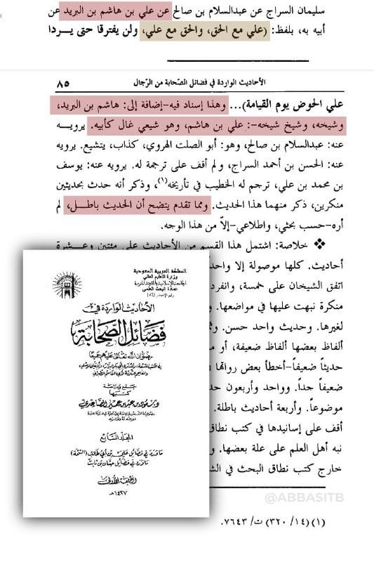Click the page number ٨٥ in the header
pyautogui.click(x=62, y=83)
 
